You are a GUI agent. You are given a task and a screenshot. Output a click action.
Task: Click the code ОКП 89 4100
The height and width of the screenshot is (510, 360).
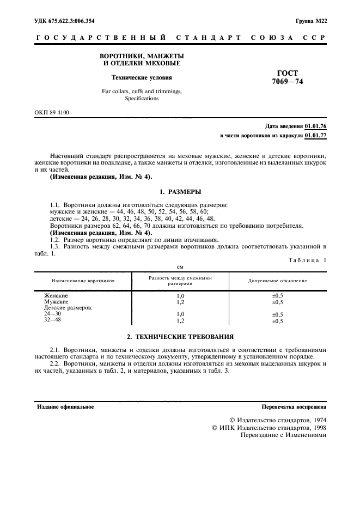52,112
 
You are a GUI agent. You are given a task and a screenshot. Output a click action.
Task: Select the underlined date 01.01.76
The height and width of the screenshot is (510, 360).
315,125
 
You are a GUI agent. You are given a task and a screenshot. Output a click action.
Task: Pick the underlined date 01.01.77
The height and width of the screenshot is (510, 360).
315,135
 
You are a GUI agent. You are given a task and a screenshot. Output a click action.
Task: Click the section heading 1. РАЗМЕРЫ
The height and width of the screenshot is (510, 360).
180,192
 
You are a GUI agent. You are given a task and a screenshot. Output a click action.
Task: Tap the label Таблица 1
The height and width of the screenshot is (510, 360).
307,260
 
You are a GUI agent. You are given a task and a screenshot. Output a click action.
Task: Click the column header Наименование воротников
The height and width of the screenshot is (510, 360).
83,281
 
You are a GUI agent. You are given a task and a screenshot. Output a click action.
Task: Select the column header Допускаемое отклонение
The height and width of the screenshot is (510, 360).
277,281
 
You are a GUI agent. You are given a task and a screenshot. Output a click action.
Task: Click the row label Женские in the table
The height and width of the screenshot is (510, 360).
56,295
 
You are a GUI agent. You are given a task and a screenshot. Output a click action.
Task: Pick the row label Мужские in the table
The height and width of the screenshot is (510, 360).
56,301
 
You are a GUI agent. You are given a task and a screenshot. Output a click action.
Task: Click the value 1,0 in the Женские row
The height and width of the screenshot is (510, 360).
181,295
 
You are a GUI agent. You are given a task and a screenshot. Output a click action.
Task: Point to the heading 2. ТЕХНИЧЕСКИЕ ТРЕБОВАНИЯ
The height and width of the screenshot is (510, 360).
180,336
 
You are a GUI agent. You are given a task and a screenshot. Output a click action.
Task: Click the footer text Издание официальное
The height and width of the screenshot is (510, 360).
65,406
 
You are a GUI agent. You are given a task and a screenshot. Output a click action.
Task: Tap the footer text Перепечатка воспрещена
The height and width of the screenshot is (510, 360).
294,406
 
